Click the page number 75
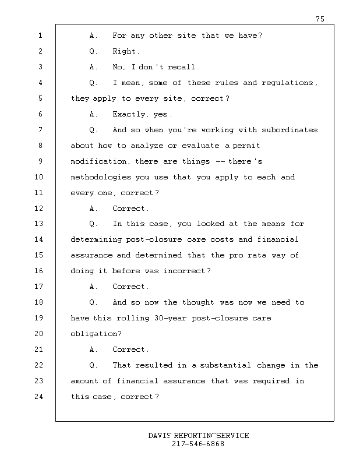320,19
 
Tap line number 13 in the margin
40,224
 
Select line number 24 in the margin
40,397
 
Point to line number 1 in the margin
40,36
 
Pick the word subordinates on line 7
290,130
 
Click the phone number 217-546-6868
198,444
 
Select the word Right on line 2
125,51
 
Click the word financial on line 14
277,239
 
